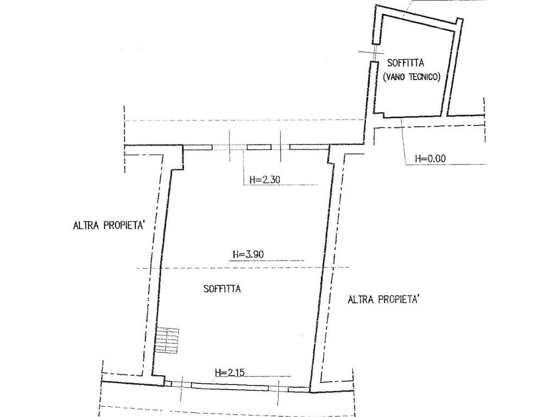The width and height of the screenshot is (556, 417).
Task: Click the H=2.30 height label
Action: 265,180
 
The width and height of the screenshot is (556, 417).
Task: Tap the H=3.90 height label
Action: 248,254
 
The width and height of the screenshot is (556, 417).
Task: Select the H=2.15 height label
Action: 230,372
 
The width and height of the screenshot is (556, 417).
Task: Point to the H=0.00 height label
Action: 431,159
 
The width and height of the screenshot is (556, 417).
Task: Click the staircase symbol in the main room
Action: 167,340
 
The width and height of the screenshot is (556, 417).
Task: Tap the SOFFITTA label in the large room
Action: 222,289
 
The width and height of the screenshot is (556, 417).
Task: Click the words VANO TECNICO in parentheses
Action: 412,77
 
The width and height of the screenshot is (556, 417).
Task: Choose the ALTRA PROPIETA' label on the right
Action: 384,300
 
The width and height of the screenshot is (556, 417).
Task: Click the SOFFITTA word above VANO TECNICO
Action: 406,63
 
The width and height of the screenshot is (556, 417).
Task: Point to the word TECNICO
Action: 424,77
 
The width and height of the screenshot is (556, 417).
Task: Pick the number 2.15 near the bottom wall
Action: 236,372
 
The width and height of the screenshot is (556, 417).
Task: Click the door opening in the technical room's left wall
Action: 374,53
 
